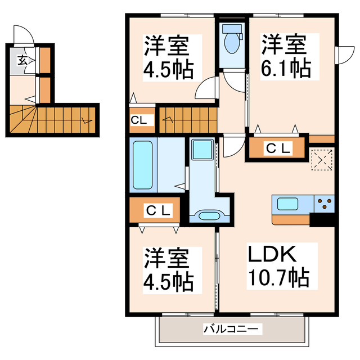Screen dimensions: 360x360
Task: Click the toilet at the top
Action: (x=231, y=39)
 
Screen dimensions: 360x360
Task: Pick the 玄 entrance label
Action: (x=21, y=60)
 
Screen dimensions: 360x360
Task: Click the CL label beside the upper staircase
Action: (x=138, y=119)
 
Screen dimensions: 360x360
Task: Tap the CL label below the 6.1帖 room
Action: (x=278, y=148)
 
